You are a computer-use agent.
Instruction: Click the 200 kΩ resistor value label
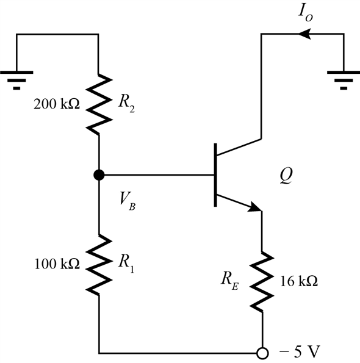coord(57,104)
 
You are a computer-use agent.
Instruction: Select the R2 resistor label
coord(126,104)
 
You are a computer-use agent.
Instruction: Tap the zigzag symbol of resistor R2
coord(99,104)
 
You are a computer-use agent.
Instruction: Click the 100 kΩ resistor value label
coord(57,264)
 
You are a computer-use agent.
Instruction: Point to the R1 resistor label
coord(126,264)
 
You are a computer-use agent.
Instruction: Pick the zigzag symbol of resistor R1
coord(99,264)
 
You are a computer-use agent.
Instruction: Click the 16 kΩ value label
coord(299,281)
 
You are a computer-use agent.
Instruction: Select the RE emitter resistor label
coord(229,281)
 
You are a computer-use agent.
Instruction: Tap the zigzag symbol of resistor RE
coord(262,282)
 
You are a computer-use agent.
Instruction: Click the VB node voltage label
coord(128,201)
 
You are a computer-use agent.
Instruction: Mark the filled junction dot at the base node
coord(99,174)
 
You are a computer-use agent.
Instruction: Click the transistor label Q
coord(286,175)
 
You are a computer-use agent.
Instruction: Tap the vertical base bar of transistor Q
coord(215,174)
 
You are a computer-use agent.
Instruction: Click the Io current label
coord(305,13)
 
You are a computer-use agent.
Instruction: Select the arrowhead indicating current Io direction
coord(304,34)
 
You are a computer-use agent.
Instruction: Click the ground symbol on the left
coord(16,80)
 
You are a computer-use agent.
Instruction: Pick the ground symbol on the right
coord(344,80)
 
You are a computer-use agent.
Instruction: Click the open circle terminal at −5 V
coord(263,353)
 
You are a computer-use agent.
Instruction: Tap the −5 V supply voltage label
coord(300,351)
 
